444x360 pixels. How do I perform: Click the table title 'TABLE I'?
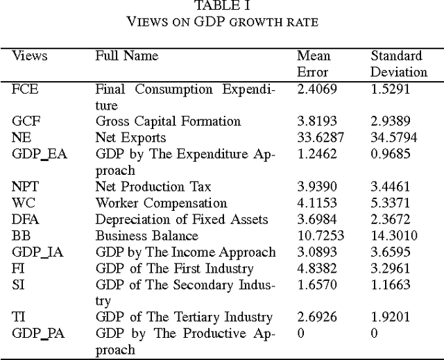(222, 6)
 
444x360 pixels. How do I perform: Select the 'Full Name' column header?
(126, 56)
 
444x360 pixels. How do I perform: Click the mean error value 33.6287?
(320, 137)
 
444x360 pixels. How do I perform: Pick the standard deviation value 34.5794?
(394, 137)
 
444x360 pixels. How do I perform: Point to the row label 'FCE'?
(25, 89)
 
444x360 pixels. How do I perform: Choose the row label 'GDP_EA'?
(40, 154)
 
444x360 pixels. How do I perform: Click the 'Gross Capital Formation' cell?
(168, 121)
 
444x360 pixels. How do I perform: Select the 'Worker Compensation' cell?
(161, 203)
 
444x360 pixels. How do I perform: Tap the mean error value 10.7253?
(320, 236)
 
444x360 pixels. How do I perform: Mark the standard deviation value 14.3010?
(394, 236)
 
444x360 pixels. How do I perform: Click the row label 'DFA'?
(26, 219)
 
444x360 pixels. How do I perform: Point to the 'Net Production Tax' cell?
(153, 187)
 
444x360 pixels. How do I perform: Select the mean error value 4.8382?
(317, 268)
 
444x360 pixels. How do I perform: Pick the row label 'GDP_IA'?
(39, 252)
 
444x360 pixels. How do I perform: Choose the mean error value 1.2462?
(317, 154)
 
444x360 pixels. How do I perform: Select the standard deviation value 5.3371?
(391, 203)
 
